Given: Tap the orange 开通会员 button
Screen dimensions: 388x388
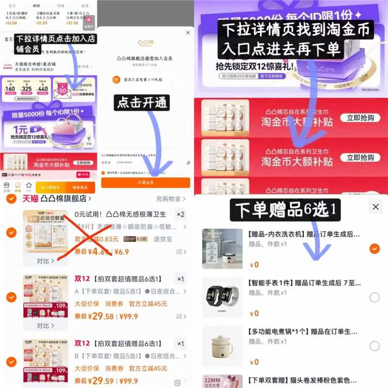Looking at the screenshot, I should [145, 182].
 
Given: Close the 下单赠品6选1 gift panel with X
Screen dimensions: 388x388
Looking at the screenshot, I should [375, 207].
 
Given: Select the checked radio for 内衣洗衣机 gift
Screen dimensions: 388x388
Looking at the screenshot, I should [374, 249].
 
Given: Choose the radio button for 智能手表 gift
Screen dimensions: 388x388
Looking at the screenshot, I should [374, 298].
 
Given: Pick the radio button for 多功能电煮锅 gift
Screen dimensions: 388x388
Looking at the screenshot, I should [374, 346].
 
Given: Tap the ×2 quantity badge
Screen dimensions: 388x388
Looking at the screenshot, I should [180, 214].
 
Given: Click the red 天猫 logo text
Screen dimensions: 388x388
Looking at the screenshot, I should [30, 198].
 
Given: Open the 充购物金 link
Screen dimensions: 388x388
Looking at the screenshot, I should [168, 199].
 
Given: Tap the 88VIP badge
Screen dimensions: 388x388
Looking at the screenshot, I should [129, 239].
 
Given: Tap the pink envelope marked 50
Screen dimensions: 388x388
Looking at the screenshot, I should [63, 90].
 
